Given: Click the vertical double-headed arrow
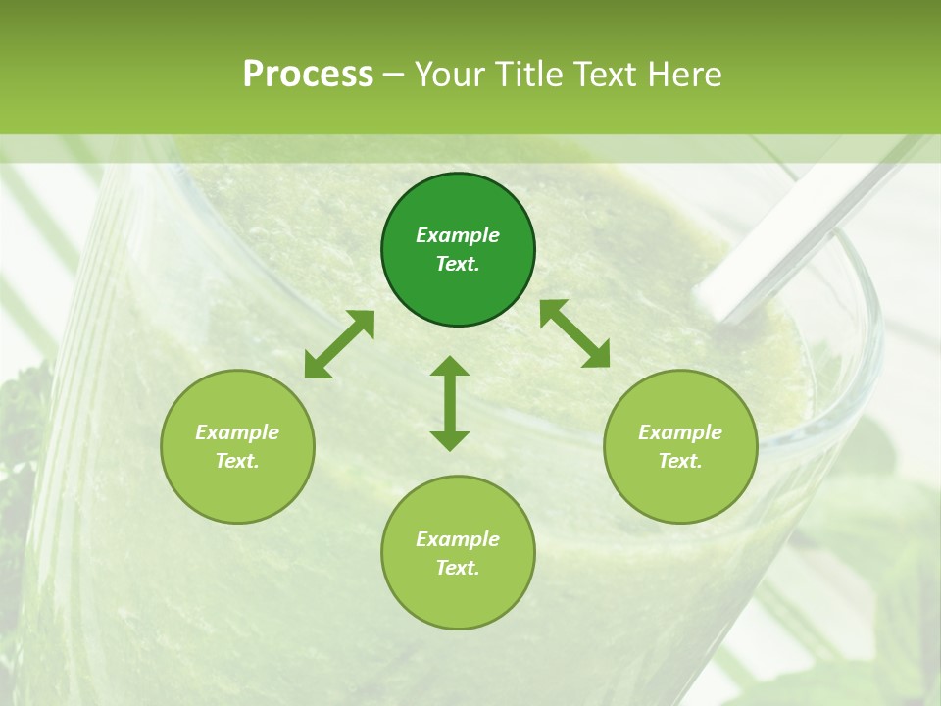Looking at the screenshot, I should click(450, 403).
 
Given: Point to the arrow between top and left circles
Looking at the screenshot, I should click(339, 344).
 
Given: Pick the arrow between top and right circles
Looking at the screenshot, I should click(574, 333).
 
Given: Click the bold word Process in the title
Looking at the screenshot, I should click(308, 74).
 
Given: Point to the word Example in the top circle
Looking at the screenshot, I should click(458, 235).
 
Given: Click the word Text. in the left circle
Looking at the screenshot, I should click(237, 461).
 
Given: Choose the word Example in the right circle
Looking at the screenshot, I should click(680, 432).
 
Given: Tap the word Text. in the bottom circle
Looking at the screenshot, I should click(458, 568).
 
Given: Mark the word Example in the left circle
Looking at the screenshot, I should click(237, 432).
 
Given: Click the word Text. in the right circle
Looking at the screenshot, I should click(680, 461).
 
